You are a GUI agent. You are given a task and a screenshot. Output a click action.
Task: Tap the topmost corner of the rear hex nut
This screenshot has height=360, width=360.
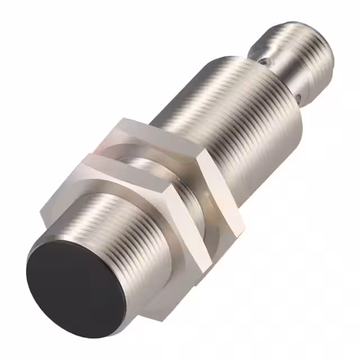121,119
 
